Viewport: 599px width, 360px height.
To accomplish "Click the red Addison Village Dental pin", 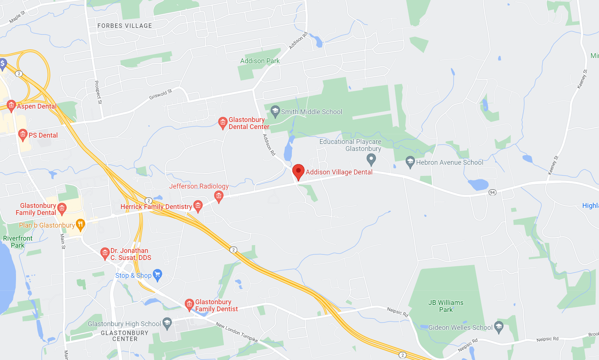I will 298,171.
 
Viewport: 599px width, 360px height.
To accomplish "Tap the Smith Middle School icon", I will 275,111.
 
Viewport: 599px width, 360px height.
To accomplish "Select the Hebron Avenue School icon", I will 410,162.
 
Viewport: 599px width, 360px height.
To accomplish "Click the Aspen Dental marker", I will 11,106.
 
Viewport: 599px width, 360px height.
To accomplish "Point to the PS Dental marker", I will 23,135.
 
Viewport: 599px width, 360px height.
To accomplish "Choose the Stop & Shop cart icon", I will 158,275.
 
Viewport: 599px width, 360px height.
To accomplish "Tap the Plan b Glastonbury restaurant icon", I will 80,224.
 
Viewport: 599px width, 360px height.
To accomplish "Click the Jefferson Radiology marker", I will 219,196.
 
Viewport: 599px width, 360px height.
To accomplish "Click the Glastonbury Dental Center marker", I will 223,122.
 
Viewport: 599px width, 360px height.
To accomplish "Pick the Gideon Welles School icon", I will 499,327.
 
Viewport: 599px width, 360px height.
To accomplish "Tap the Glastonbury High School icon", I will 167,323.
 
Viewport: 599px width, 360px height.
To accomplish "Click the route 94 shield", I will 492,192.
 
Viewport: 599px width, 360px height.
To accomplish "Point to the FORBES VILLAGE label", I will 125,26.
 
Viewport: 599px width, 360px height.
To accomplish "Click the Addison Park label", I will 260,61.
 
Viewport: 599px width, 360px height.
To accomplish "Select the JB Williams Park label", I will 446,306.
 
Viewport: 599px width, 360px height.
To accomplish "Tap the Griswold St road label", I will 161,94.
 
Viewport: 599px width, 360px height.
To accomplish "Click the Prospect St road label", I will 98,92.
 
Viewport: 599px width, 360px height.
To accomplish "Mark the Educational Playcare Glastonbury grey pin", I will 371,160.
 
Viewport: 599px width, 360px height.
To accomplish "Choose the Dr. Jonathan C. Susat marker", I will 105,253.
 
